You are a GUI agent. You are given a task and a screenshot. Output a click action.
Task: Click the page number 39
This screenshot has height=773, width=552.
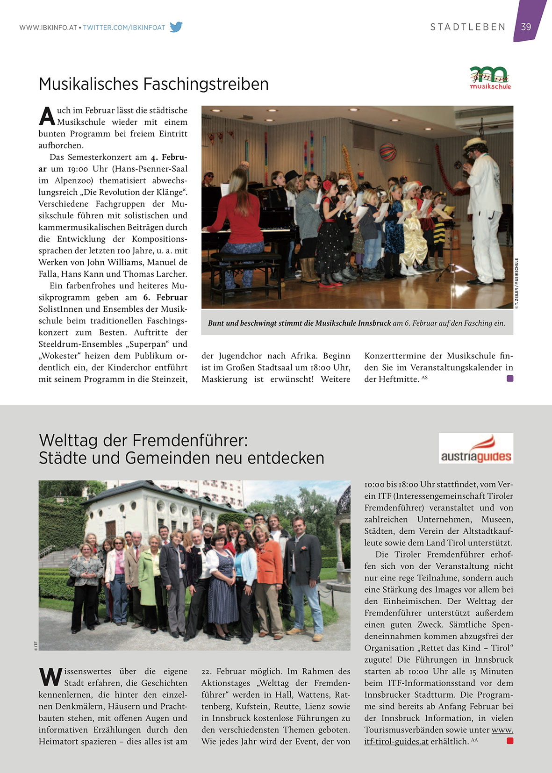pos(526,27)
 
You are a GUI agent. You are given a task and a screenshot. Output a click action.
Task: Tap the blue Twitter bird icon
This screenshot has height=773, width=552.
pos(176,27)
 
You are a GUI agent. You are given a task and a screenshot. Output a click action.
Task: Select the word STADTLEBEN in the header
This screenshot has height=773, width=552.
pos(468,27)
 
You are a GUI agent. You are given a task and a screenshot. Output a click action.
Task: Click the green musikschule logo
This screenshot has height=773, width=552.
pos(489,77)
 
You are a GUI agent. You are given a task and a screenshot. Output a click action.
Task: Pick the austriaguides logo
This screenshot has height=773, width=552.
pos(476,448)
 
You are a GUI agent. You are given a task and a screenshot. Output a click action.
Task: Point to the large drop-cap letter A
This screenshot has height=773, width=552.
pos(47,116)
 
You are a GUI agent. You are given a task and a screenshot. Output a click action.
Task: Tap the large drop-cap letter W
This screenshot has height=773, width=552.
pos(50,677)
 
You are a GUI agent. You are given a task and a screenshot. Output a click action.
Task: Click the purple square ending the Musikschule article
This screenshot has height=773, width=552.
pos(510,379)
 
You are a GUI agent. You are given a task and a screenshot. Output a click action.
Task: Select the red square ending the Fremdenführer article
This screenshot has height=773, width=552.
pos(510,741)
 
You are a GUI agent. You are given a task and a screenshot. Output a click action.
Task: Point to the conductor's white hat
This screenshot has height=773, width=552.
pos(474,142)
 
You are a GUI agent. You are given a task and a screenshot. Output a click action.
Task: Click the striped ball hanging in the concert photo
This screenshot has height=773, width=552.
pos(387,152)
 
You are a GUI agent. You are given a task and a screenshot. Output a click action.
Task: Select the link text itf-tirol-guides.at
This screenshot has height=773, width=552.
pos(396,741)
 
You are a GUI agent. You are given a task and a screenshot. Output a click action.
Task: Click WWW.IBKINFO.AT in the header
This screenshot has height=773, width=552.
pos(48,28)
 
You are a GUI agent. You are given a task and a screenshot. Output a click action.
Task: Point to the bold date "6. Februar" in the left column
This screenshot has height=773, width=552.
pos(165,297)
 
